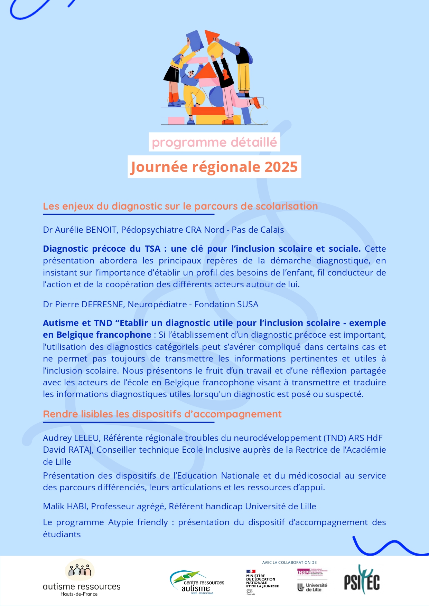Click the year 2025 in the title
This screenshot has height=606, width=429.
(x=281, y=167)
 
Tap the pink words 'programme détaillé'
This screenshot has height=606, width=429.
(x=214, y=142)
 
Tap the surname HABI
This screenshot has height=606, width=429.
(x=77, y=507)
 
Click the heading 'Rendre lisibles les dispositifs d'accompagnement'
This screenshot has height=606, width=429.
(x=162, y=414)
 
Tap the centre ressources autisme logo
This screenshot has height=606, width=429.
(x=197, y=583)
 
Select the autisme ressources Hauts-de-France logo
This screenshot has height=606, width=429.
(x=81, y=578)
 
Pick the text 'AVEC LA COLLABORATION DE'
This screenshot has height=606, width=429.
(x=289, y=562)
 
